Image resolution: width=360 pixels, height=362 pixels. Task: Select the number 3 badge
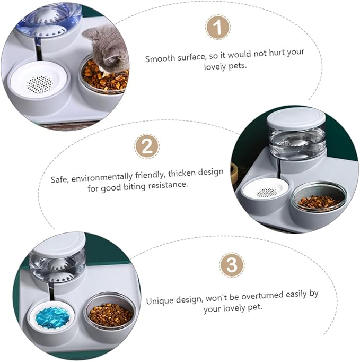pos(232,264)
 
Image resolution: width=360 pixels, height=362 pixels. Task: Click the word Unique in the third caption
pos(160,300)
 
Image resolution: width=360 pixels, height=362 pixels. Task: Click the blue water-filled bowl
pos(52,317)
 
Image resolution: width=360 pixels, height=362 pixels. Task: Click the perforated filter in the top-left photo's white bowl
pos(39,83)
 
